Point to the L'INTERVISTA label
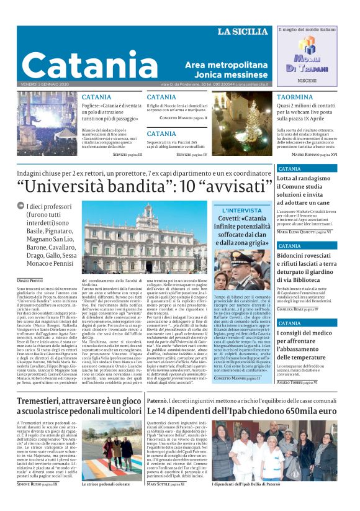tap(241, 210)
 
